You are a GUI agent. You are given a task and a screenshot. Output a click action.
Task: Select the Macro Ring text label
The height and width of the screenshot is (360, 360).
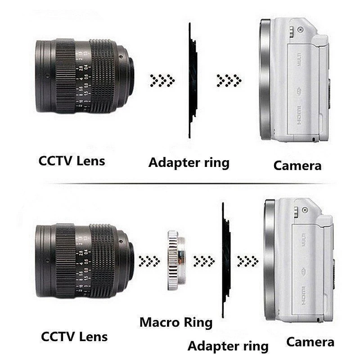tap(175, 322)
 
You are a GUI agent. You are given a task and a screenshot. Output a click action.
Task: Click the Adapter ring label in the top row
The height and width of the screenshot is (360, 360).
tap(189, 162)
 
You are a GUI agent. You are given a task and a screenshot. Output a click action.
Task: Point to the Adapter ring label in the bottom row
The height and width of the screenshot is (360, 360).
tap(228, 346)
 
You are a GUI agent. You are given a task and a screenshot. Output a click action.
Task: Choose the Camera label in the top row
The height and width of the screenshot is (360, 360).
tap(297, 165)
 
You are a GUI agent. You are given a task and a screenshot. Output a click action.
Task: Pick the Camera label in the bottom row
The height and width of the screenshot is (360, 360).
tap(310, 342)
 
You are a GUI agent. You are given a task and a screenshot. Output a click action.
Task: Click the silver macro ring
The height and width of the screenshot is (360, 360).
tap(176, 260)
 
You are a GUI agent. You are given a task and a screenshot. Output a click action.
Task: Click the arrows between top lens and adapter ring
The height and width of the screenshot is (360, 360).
tap(162, 81)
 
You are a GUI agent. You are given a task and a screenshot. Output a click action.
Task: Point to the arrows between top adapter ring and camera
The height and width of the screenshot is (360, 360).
tap(229, 81)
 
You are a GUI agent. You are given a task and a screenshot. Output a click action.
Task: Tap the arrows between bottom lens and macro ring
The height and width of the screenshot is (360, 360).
tap(149, 260)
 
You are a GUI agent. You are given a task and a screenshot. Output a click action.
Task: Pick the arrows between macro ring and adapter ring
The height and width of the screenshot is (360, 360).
tap(204, 260)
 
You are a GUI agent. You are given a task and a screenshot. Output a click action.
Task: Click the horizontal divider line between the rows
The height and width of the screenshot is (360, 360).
tap(180, 184)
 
